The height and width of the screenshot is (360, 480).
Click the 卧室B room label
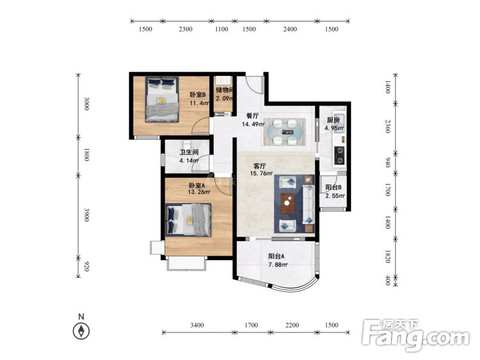pyautogui.click(x=198, y=94)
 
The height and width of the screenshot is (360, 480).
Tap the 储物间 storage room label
pyautogui.click(x=224, y=90)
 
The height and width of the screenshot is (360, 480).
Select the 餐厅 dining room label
pyautogui.click(x=253, y=116)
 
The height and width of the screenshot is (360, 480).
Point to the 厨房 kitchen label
pyautogui.click(x=333, y=120)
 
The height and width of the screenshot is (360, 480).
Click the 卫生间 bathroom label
pyautogui.click(x=189, y=152)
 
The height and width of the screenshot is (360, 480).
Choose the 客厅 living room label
pyautogui.click(x=260, y=166)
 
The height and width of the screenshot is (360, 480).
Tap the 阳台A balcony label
pyautogui.click(x=276, y=256)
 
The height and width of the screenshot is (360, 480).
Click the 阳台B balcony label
pyautogui.click(x=333, y=187)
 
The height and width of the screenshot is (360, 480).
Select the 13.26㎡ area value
pyautogui.click(x=199, y=192)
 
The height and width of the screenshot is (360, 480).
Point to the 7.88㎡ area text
pyautogui.click(x=278, y=265)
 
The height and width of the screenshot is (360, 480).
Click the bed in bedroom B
pyautogui.click(x=162, y=100)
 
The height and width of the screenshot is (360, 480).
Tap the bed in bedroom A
pyautogui.click(x=188, y=220)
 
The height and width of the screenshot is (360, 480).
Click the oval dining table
pyautogui.click(x=284, y=132)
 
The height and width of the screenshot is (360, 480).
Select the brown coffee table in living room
pyautogui.click(x=288, y=203)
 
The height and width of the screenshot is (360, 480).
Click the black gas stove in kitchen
pyautogui.click(x=339, y=155)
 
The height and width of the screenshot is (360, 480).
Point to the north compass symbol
pyautogui.click(x=81, y=331)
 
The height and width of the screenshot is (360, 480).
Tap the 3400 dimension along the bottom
pyautogui.click(x=197, y=325)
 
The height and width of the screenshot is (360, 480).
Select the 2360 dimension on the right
pyautogui.click(x=388, y=127)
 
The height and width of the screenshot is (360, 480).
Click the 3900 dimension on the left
pyautogui.click(x=87, y=214)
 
